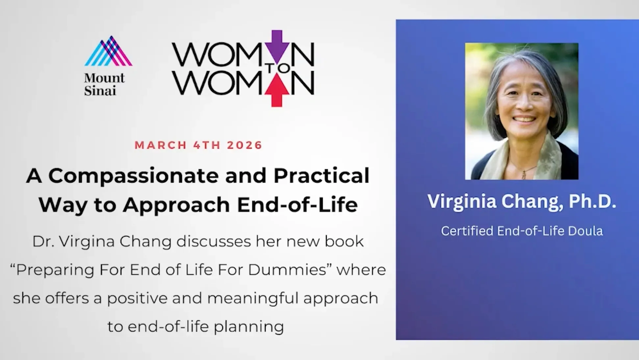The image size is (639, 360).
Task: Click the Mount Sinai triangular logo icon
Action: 108,51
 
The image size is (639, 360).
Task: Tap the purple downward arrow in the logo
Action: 277,46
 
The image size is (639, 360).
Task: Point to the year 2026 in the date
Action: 244,145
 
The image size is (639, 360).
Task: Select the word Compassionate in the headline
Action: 134,176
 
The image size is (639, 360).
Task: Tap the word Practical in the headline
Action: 321,176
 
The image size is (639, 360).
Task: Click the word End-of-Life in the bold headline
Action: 297,204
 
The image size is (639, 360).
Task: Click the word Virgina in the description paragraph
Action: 87,242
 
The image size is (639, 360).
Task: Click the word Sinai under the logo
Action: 100,90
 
